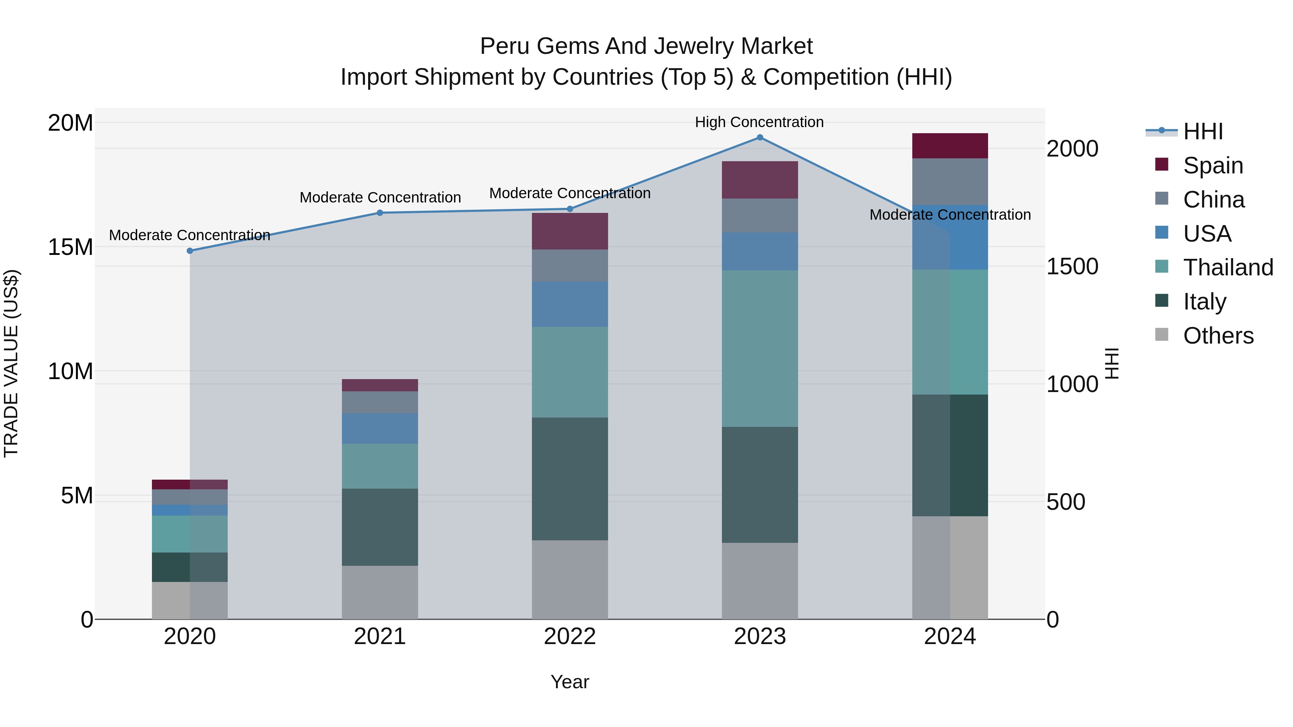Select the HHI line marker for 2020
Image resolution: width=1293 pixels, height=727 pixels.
[x=190, y=251]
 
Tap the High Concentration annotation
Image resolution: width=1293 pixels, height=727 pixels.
[x=759, y=122]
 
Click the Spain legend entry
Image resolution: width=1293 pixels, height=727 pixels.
[x=1212, y=166]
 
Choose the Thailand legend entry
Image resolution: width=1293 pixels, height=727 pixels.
[x=1227, y=267]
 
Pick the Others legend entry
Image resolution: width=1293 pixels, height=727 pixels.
[x=1218, y=336]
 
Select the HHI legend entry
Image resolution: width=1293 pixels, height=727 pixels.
[x=1202, y=131]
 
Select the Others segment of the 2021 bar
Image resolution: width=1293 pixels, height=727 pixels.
[x=380, y=592]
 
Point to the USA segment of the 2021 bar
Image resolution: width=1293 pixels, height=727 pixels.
[x=380, y=428]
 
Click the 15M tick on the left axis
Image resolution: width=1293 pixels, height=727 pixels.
[x=70, y=247]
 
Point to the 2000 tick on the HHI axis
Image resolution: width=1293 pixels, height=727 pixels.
[x=1072, y=149]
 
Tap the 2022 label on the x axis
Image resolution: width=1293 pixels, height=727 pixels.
[x=570, y=637]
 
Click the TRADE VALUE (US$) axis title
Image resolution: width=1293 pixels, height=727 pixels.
[x=11, y=363]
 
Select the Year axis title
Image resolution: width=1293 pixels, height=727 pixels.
[x=570, y=682]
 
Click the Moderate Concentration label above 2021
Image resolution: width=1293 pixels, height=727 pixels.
[x=380, y=198]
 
